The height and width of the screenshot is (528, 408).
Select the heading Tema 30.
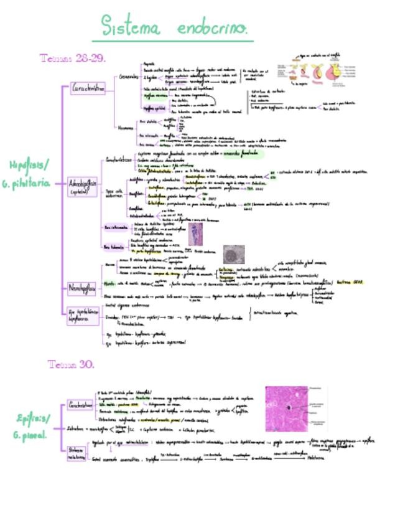point(71,364)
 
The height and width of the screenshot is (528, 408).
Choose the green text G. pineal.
point(30,436)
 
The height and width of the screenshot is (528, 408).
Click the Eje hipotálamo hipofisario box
point(82,315)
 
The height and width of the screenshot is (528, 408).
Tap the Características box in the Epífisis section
point(80,405)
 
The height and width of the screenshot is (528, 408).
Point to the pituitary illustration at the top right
point(316,74)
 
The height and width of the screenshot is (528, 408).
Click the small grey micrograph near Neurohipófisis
point(234,254)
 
